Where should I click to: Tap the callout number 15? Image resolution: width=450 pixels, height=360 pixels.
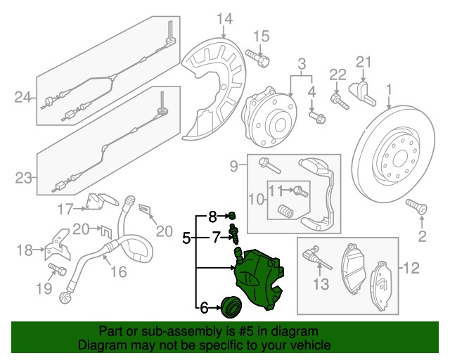click(x=261, y=37)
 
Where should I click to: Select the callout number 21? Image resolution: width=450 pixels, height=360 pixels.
click(x=362, y=63)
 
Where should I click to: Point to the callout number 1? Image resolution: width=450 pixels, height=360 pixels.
click(x=388, y=90)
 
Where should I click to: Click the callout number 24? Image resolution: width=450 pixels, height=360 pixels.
click(x=23, y=97)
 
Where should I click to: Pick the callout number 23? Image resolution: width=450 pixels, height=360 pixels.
click(x=23, y=179)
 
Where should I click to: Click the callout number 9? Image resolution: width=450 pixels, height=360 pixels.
click(x=234, y=166)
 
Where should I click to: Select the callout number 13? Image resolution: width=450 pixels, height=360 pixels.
click(x=320, y=284)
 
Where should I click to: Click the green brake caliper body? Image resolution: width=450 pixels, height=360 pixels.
click(x=259, y=277)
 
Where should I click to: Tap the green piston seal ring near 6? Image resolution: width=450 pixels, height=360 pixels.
click(x=230, y=306)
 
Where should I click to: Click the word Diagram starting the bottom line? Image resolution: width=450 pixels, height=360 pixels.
click(x=101, y=346)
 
